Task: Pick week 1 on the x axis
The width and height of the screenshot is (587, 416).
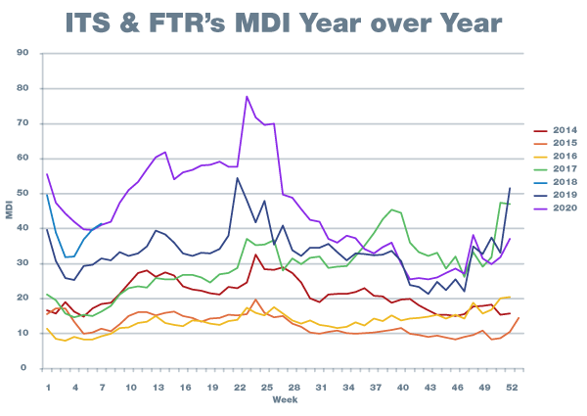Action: [x=47, y=386]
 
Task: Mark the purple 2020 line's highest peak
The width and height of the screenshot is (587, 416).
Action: [x=247, y=97]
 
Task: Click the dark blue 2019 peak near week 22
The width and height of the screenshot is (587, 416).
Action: [x=237, y=177]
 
